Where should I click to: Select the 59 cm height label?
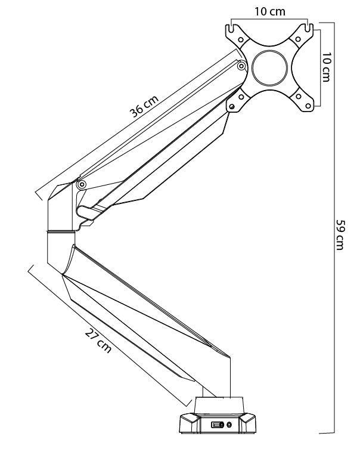pyautogui.click(x=339, y=234)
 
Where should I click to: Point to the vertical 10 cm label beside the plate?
pyautogui.click(x=327, y=67)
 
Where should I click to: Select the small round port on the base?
pyautogui.click(x=229, y=424)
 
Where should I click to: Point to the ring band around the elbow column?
pyautogui.click(x=60, y=230)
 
